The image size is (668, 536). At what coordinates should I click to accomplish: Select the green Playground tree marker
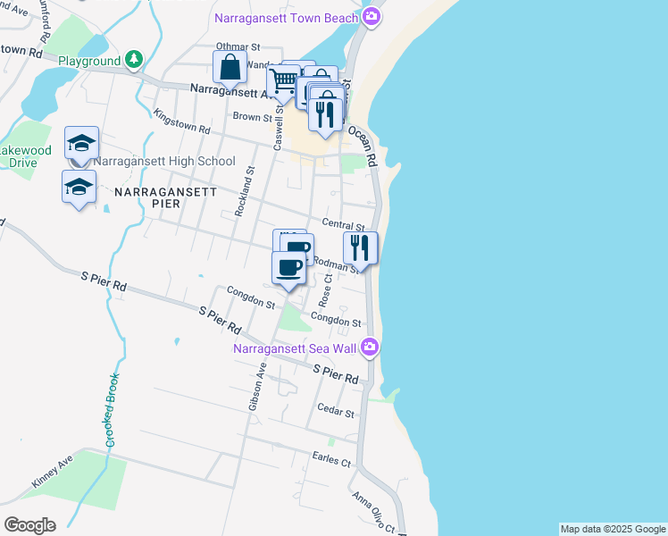click(133, 60)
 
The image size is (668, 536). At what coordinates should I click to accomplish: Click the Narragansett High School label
click(164, 162)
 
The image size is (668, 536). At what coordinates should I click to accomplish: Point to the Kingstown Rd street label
click(181, 123)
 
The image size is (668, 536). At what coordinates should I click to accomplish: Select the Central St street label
click(343, 227)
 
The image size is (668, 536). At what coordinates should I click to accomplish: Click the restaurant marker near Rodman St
click(361, 247)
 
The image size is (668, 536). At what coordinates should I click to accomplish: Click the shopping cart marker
click(283, 81)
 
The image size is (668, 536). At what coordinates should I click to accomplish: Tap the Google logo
click(29, 525)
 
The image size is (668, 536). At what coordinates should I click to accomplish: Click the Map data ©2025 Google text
click(613, 529)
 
